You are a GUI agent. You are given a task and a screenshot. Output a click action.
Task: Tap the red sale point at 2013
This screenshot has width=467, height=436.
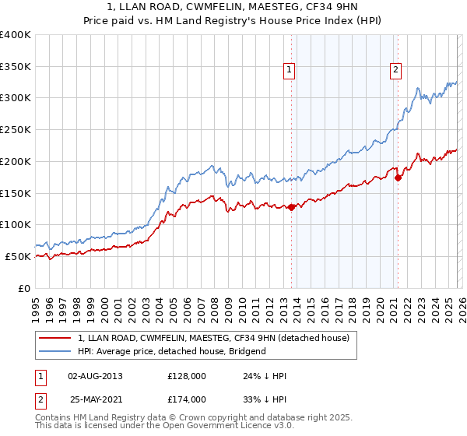(x=291, y=207)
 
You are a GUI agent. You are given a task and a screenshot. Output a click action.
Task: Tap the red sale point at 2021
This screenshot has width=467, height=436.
(x=399, y=178)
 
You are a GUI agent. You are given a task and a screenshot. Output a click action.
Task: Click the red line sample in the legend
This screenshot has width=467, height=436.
(x=56, y=339)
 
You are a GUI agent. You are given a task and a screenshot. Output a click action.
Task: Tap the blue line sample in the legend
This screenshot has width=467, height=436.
(x=56, y=352)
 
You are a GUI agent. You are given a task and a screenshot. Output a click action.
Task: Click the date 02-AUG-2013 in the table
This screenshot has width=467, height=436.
(x=95, y=377)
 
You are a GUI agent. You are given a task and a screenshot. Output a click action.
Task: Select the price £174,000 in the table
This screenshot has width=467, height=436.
(x=187, y=399)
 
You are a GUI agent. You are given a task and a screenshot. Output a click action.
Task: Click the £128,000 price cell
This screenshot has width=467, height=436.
(x=187, y=377)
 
